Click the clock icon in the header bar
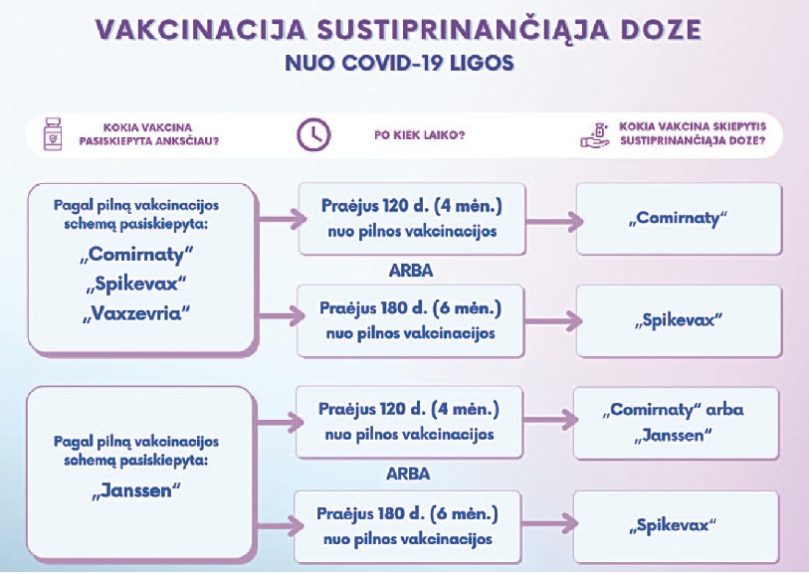coord(313,134)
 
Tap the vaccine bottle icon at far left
coord(53,134)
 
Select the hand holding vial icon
coord(595,135)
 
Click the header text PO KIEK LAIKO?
coord(419,135)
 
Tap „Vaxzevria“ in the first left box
coord(136,313)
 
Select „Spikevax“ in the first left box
coord(136,285)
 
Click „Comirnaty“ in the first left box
coord(136,255)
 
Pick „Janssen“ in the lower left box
coord(136,490)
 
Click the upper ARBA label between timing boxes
coord(411,271)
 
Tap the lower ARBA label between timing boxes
coord(408,474)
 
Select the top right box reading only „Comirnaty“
coord(679,219)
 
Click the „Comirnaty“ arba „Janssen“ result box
coord(676,423)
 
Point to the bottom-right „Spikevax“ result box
coord(676,526)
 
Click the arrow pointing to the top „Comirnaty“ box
coord(554,222)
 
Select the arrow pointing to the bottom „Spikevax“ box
coord(550,524)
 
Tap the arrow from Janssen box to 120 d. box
coord(280,423)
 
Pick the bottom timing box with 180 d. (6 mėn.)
coord(408,526)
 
